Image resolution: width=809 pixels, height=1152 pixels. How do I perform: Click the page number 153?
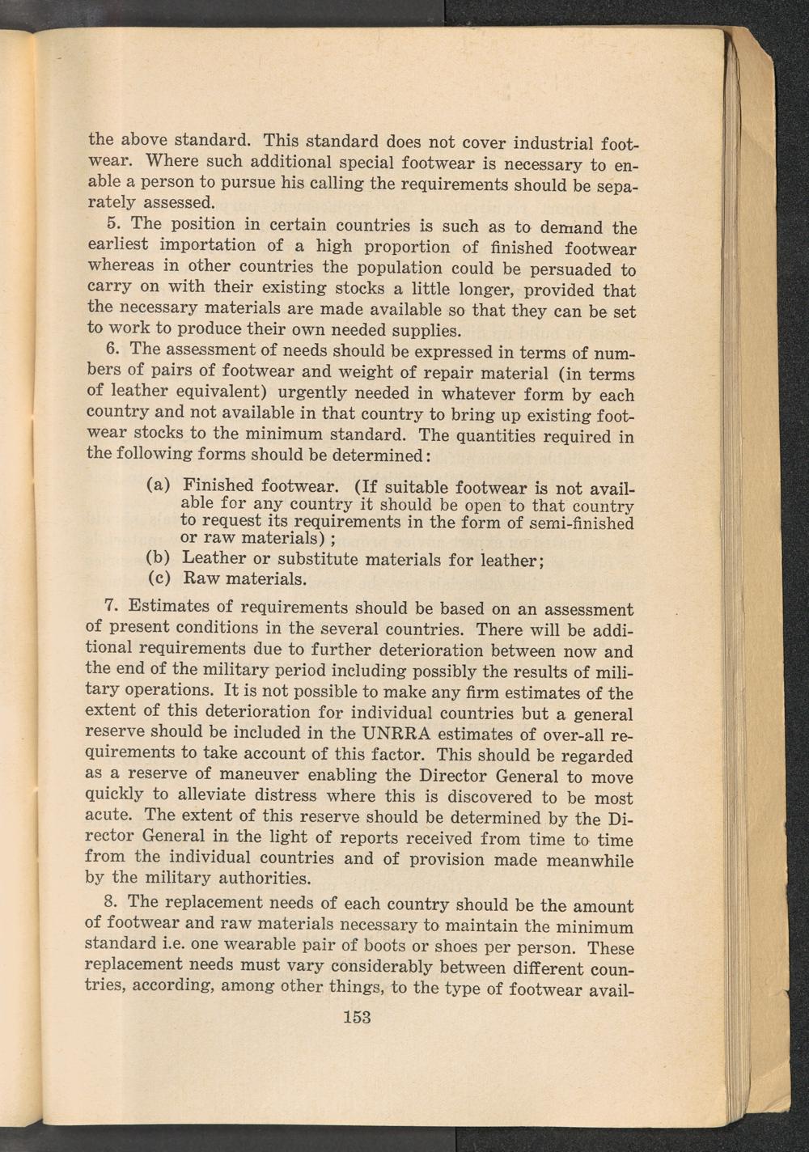click(x=357, y=1017)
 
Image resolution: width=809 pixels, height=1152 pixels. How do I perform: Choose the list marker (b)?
click(x=158, y=558)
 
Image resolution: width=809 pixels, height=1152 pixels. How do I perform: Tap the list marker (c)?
click(x=158, y=579)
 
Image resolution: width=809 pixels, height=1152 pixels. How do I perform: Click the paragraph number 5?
click(x=113, y=223)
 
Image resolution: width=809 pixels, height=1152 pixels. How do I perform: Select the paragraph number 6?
click(x=112, y=349)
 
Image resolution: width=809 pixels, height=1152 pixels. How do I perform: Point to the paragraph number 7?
click(x=112, y=605)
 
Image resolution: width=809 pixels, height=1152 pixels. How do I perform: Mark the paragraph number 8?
click(x=112, y=901)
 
